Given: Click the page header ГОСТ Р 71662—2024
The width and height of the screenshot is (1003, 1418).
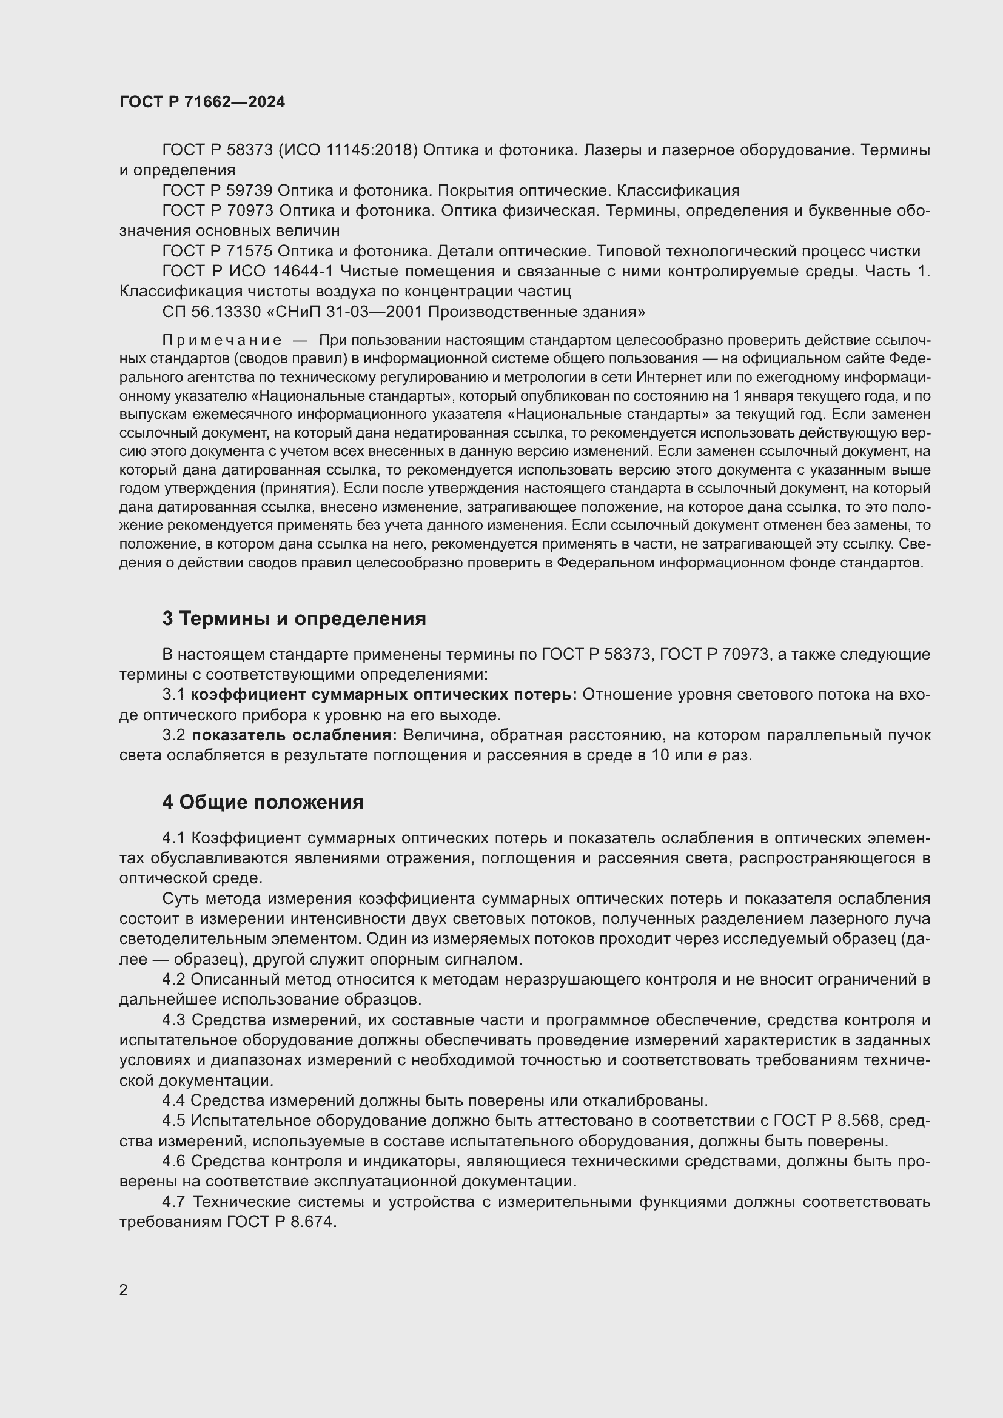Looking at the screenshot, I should click(x=202, y=102).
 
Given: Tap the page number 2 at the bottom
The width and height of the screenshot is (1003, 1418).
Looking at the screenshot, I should click(x=124, y=1289).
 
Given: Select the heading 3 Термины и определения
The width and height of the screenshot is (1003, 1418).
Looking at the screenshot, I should click(x=294, y=618).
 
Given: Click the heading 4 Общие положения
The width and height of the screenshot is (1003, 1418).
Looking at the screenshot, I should click(x=263, y=802).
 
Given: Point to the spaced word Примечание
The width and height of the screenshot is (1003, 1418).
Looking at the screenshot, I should click(x=223, y=340).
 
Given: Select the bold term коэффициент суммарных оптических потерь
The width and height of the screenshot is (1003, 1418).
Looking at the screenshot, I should click(x=383, y=694).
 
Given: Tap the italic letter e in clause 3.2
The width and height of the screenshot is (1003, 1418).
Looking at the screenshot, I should click(x=711, y=755).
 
